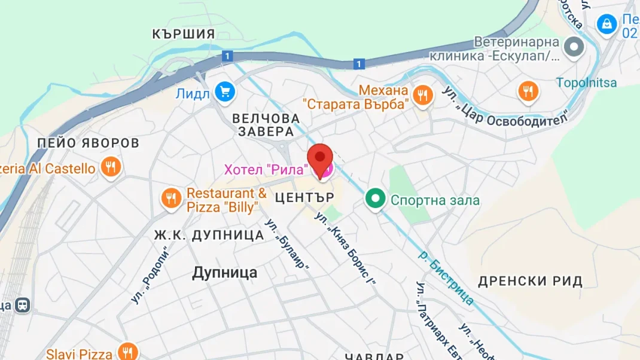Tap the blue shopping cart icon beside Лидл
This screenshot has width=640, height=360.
tap(225, 92)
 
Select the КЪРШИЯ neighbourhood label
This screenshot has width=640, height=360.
tap(183, 34)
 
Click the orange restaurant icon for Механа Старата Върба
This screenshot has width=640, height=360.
tap(423, 94)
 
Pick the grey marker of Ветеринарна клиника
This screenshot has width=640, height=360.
tap(574, 47)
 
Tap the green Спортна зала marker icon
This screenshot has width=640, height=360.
tap(376, 200)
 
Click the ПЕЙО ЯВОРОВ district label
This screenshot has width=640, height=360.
tap(88, 143)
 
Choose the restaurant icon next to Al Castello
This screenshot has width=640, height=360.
tap(110, 167)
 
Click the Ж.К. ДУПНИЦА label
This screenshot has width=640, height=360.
tap(209, 235)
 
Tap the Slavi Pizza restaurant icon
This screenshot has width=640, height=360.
tap(127, 352)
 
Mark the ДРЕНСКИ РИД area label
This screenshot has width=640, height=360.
tap(530, 281)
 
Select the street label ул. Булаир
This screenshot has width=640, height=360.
tap(292, 250)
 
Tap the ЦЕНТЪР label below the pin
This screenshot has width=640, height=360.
tap(303, 196)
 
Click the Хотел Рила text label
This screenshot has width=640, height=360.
tap(265, 170)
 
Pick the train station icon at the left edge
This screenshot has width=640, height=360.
tap(23, 305)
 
